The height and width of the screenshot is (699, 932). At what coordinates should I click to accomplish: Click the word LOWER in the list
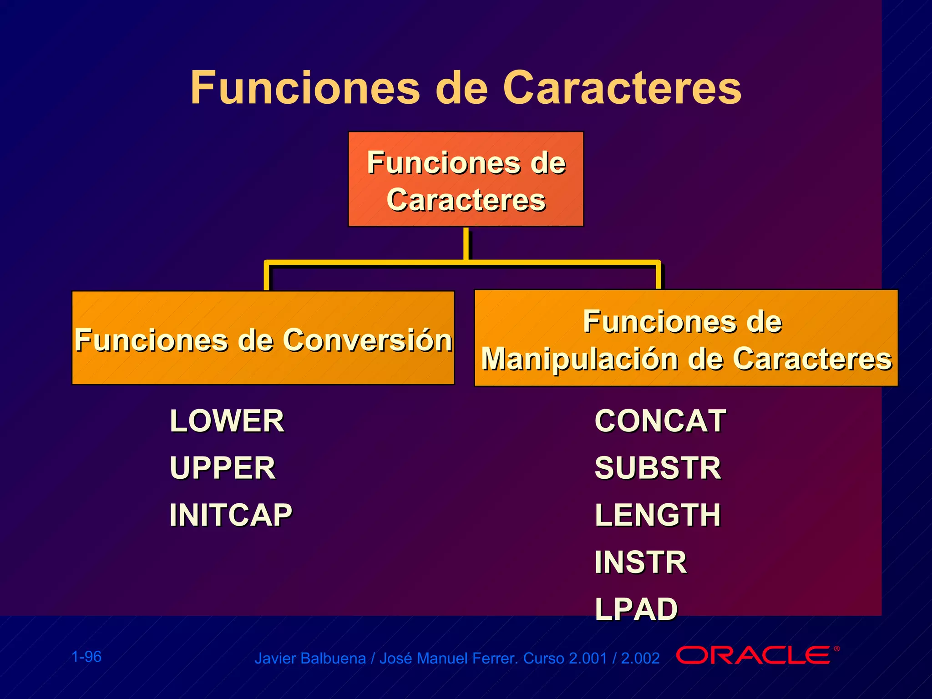(x=227, y=421)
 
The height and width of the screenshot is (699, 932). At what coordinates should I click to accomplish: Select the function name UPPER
(x=223, y=468)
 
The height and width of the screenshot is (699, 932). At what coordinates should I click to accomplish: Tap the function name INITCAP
(x=231, y=515)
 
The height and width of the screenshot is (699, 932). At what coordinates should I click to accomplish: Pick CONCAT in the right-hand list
(x=660, y=421)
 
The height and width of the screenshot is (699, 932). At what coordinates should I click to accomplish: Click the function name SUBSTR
(x=658, y=468)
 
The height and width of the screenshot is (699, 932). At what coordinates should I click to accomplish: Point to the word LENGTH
(x=658, y=515)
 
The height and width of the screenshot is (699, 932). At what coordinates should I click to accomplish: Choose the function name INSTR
(x=640, y=562)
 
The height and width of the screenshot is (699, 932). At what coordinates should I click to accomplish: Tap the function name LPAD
(x=636, y=609)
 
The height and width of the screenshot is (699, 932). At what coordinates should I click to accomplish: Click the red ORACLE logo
(x=753, y=655)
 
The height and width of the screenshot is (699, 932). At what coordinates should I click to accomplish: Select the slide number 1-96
(x=86, y=657)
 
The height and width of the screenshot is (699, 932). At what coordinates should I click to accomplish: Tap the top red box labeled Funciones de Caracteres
(x=466, y=179)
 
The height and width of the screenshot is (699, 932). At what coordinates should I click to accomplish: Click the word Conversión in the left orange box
(x=368, y=340)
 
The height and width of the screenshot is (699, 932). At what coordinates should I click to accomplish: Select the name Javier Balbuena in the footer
(x=310, y=658)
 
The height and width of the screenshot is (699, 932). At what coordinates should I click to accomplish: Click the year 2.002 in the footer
(x=640, y=658)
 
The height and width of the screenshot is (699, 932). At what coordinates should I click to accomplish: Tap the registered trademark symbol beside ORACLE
(x=836, y=649)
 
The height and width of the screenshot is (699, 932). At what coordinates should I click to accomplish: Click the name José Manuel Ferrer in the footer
(x=448, y=658)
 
